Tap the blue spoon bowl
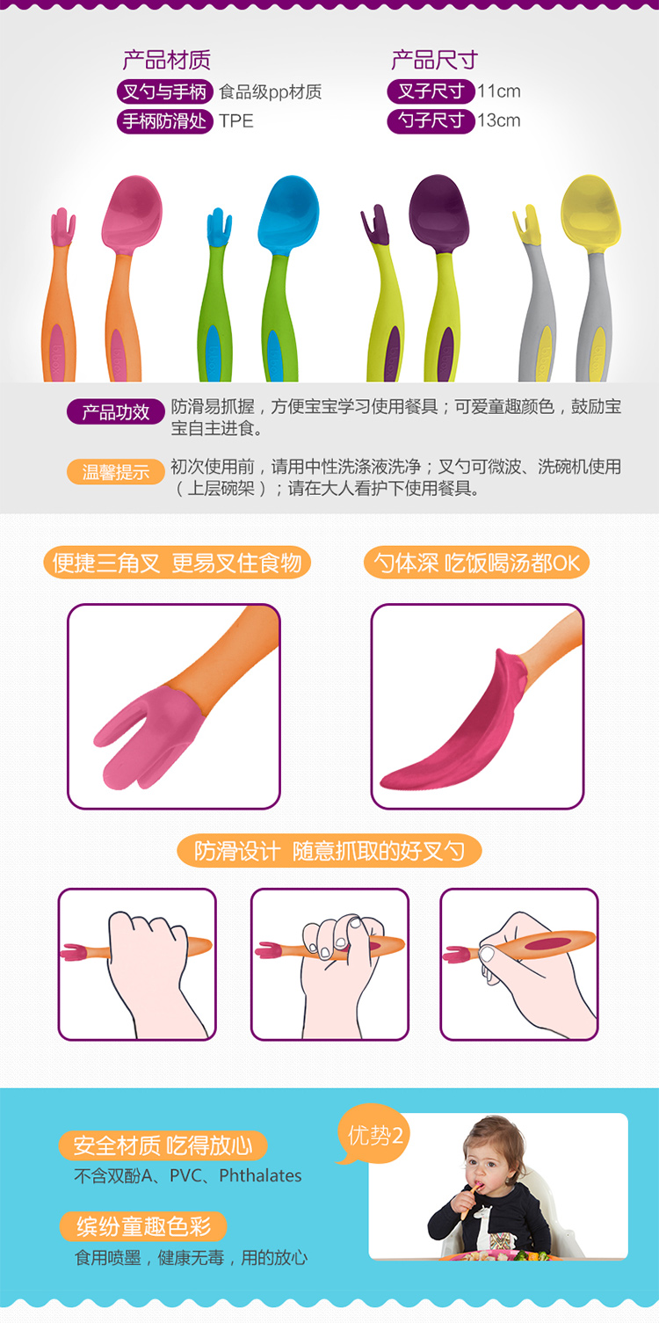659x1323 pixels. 288,214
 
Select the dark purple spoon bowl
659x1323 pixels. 439,213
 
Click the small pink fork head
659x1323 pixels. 62,227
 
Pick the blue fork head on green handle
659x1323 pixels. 219,228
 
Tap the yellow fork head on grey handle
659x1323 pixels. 526,225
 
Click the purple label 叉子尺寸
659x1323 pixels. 431,91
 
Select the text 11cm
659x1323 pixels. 499,91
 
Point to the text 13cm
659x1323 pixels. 499,120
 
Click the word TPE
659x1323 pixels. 236,121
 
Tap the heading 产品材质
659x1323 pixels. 167,60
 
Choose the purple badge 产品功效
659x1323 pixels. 116,411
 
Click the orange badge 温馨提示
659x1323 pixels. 116,472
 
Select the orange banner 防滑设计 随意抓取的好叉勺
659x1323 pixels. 329,851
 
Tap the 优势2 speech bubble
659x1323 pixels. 373,1135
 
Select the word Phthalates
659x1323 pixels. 260,1176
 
